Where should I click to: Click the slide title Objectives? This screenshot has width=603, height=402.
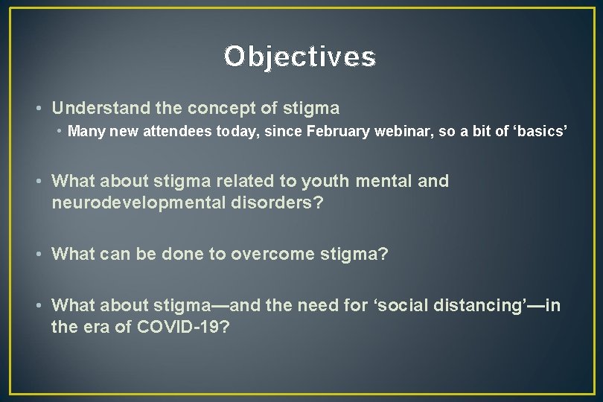tap(301, 57)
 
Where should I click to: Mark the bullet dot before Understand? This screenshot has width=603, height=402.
tap(39, 109)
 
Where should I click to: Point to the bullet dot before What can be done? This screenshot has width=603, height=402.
tap(39, 255)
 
